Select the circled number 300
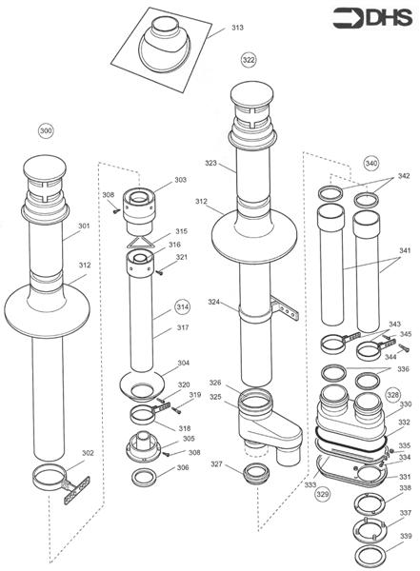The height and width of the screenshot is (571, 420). [x=46, y=130]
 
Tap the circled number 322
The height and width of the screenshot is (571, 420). [x=248, y=60]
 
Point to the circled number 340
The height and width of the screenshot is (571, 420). [x=370, y=162]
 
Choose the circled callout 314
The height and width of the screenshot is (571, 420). [x=182, y=307]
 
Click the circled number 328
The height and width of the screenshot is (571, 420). [x=392, y=393]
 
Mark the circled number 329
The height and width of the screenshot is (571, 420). [x=323, y=496]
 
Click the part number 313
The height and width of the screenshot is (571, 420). [x=236, y=28]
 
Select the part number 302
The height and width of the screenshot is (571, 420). [x=89, y=453]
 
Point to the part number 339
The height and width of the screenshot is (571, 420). [x=406, y=537]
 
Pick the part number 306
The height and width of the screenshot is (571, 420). [x=183, y=468]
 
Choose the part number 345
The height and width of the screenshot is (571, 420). [x=407, y=334]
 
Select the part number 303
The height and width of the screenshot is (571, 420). [x=180, y=180]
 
